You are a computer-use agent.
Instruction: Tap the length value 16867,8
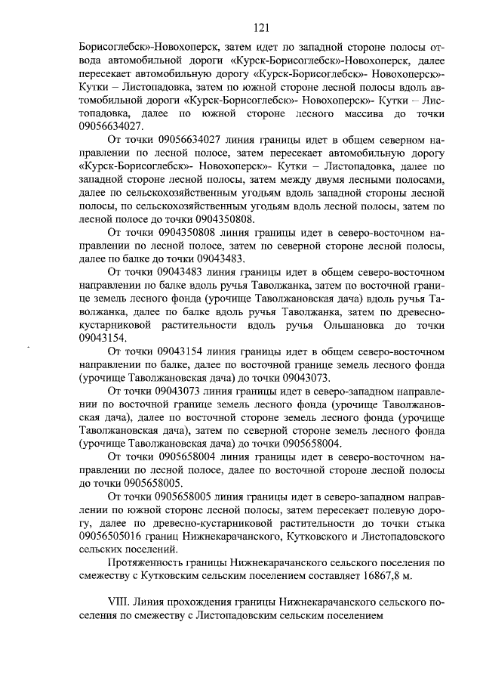click(x=377, y=576)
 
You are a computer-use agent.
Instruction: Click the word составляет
click(x=322, y=576)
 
